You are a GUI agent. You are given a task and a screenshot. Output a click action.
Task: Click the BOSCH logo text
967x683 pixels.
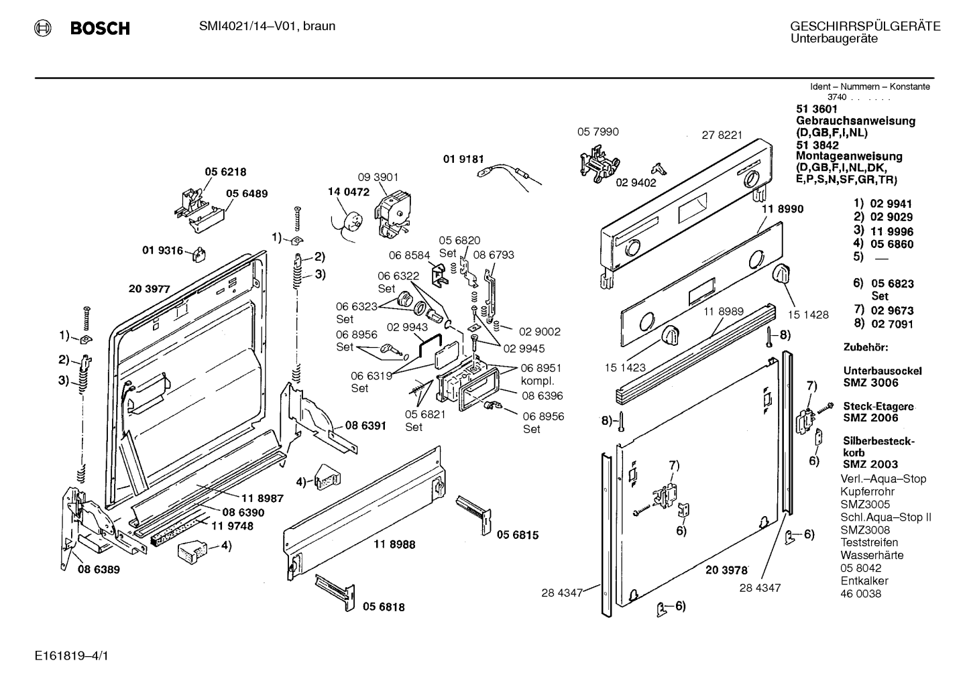pyautogui.click(x=99, y=28)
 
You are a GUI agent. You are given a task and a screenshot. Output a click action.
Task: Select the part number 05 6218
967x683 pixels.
pyautogui.click(x=225, y=172)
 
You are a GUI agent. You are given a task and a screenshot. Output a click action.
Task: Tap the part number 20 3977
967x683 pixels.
pyautogui.click(x=149, y=290)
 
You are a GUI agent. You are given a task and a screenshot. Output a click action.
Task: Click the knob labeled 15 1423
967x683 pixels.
pyautogui.click(x=670, y=336)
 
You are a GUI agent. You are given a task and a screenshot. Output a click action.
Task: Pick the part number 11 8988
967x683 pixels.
pyautogui.click(x=394, y=544)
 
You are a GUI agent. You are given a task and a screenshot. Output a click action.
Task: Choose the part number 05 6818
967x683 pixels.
pyautogui.click(x=384, y=607)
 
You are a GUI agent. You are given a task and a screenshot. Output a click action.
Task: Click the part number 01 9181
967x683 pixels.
pyautogui.click(x=463, y=159)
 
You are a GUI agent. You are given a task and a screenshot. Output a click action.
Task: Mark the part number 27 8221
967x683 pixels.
pyautogui.click(x=722, y=135)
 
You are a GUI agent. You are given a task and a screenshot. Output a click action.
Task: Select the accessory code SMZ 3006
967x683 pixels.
pyautogui.click(x=870, y=383)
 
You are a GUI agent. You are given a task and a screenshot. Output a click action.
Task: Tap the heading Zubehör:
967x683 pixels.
pyautogui.click(x=865, y=347)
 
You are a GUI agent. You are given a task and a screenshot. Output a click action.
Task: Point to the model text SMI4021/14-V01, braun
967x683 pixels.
pyautogui.click(x=267, y=26)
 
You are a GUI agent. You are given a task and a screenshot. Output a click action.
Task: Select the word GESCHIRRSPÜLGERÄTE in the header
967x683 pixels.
pyautogui.click(x=865, y=26)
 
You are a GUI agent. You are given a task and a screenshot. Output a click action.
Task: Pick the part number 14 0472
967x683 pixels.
pyautogui.click(x=348, y=192)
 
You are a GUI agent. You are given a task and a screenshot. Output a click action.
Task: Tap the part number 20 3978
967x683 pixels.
pyautogui.click(x=726, y=570)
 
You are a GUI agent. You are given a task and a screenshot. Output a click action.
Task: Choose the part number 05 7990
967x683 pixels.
pyautogui.click(x=598, y=132)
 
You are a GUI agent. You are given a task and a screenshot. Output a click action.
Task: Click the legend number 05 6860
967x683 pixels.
pyautogui.click(x=891, y=244)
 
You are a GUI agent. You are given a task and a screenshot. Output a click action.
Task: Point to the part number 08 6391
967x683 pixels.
pyautogui.click(x=365, y=425)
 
